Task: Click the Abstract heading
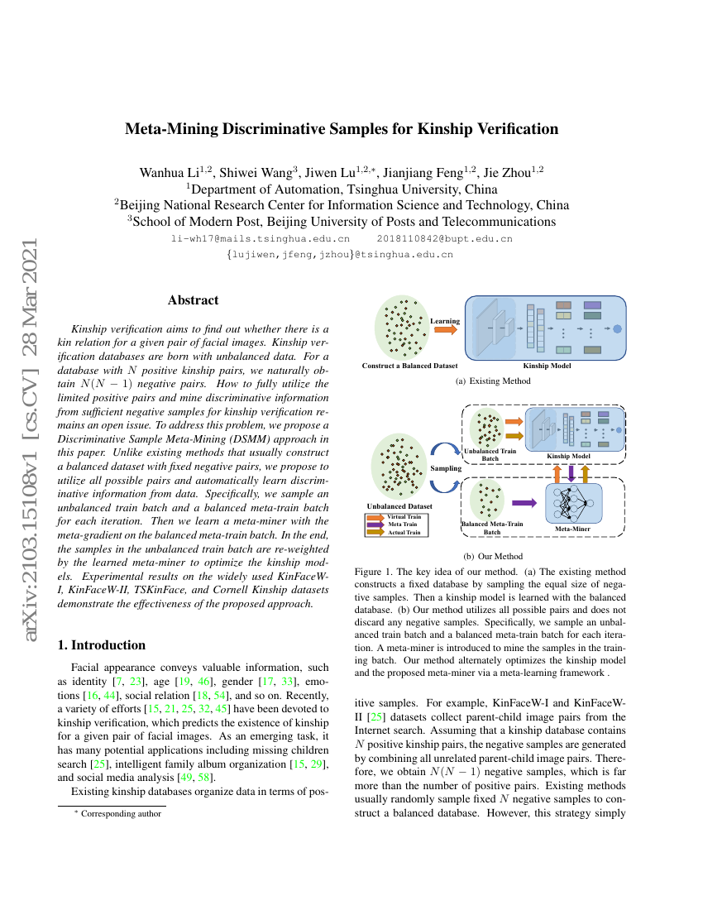[x=193, y=300]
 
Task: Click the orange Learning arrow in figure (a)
[x=445, y=330]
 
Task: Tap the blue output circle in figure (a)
[x=617, y=328]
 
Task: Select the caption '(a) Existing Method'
[x=493, y=381]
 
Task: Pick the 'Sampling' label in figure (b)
[x=445, y=468]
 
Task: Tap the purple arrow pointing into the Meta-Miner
[x=524, y=501]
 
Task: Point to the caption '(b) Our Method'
[x=493, y=556]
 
